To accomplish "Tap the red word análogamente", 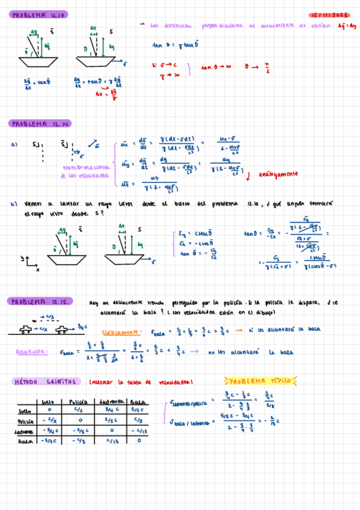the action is pyautogui.click(x=278, y=174).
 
